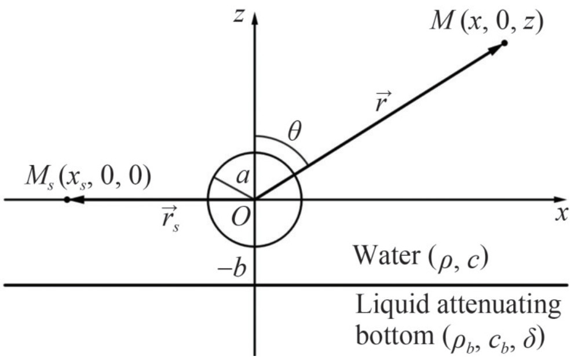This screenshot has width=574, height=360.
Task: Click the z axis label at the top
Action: pos(237,16)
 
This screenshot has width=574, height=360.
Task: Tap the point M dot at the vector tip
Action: pos(504,43)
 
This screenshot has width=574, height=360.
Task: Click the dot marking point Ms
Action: pos(67,199)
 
